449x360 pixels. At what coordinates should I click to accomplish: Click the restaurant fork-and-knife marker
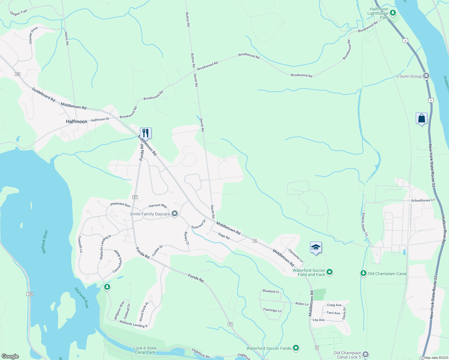[146, 133]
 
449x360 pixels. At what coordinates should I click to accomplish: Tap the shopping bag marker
[421, 118]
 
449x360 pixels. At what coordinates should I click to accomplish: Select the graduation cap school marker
[316, 247]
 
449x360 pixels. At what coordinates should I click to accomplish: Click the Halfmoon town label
[77, 121]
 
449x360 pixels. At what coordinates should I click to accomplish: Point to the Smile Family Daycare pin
[175, 214]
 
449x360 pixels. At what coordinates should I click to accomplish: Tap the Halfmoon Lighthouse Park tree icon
[393, 13]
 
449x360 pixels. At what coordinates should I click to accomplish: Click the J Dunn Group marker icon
[426, 76]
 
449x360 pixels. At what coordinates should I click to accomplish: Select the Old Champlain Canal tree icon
[363, 273]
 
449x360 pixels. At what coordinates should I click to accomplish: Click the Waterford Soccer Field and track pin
[330, 272]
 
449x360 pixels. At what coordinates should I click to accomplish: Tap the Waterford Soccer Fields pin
[296, 348]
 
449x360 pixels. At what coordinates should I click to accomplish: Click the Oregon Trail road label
[19, 13]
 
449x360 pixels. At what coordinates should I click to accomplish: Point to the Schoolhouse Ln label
[423, 200]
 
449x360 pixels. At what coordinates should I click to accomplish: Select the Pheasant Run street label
[120, 205]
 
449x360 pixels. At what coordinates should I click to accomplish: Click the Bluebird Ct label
[271, 291]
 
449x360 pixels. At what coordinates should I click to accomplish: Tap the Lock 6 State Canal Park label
[145, 350]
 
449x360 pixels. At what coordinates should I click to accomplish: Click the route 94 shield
[18, 74]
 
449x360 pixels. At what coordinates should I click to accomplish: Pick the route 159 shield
[29, 294]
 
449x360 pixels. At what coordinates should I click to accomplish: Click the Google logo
[10, 356]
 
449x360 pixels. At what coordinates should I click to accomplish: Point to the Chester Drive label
[33, 35]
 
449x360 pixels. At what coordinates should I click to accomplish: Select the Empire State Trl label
[365, 225]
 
